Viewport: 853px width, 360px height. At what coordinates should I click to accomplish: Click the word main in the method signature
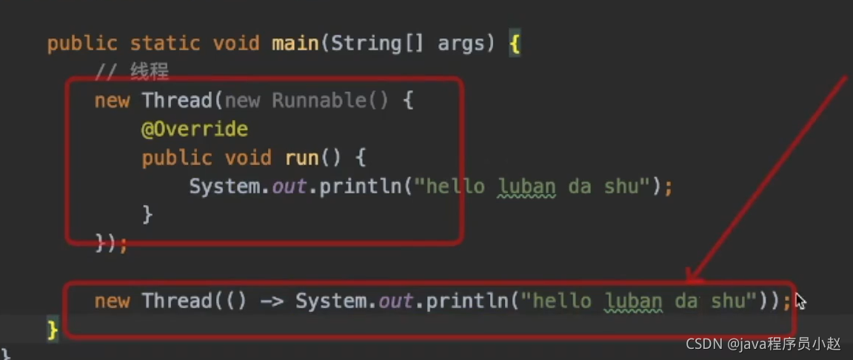point(295,43)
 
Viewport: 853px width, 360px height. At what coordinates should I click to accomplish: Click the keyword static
point(165,43)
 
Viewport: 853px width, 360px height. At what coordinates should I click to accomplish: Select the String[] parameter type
point(377,43)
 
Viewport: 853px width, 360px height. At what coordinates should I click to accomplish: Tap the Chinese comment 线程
point(150,72)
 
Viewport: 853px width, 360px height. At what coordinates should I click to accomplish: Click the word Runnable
point(318,100)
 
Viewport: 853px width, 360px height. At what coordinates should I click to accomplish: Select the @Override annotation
point(194,129)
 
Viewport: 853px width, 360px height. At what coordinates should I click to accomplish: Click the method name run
point(301,158)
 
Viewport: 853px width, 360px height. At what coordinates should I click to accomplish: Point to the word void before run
point(248,158)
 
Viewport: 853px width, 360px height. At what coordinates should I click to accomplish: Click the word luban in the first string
point(526,186)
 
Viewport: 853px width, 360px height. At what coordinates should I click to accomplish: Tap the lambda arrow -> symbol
point(272,301)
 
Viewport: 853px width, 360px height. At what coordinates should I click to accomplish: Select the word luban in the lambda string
point(633,301)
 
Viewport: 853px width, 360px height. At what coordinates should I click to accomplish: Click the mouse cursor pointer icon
point(800,301)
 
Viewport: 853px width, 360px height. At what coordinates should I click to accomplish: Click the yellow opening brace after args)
point(515,44)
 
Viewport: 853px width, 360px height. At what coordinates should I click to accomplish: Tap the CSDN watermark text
point(763,344)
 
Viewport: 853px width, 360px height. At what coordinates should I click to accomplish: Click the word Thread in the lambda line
point(177,301)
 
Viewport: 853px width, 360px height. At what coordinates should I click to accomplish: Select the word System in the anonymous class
point(224,186)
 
